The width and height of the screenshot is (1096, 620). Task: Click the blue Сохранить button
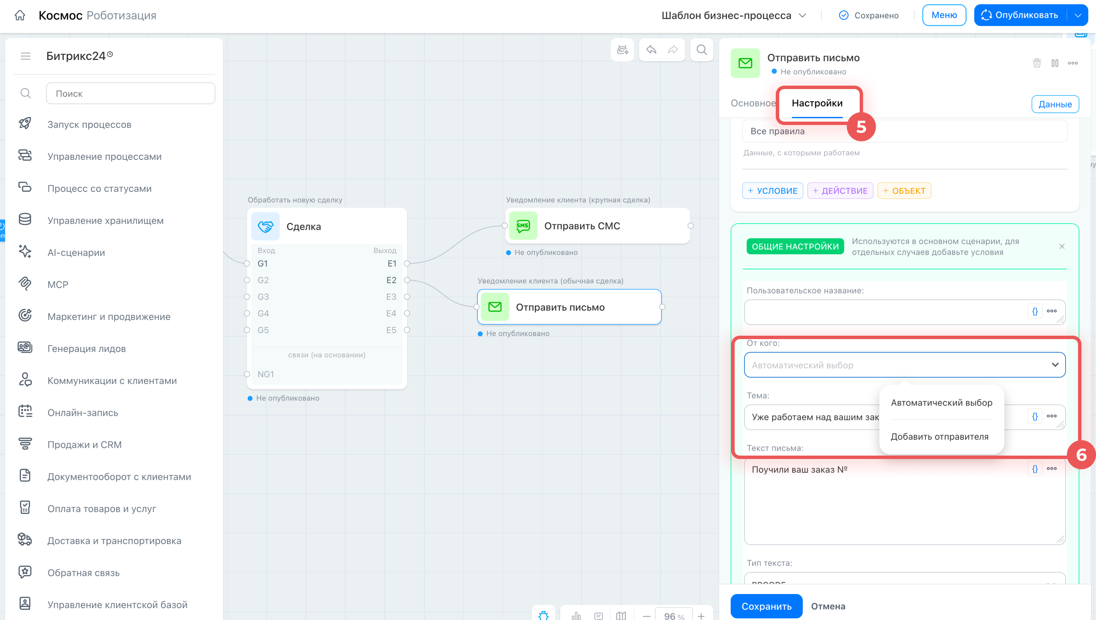point(766,606)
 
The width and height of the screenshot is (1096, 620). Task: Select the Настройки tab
point(817,103)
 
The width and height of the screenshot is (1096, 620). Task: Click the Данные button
point(1055,104)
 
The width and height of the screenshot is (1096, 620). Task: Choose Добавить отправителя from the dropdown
point(939,436)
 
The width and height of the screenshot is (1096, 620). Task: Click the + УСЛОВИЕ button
point(773,191)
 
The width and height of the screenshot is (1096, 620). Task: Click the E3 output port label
point(391,297)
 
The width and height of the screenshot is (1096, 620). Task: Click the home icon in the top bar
point(20,15)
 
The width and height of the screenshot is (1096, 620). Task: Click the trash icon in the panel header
point(1037,63)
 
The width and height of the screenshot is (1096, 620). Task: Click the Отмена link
point(828,606)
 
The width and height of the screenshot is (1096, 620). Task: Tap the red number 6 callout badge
point(1081,455)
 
